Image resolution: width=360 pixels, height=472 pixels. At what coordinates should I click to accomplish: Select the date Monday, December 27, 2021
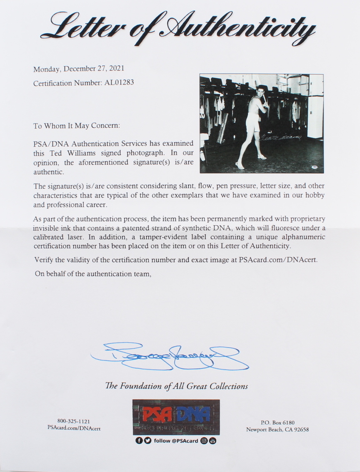(79, 69)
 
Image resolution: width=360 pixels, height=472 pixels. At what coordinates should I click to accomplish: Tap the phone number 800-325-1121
(73, 422)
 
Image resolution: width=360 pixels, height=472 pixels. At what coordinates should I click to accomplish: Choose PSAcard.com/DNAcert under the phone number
(73, 429)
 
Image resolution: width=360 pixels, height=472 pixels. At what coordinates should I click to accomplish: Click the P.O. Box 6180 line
(277, 422)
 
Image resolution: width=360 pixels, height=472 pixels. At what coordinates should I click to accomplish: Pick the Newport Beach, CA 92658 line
(277, 430)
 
